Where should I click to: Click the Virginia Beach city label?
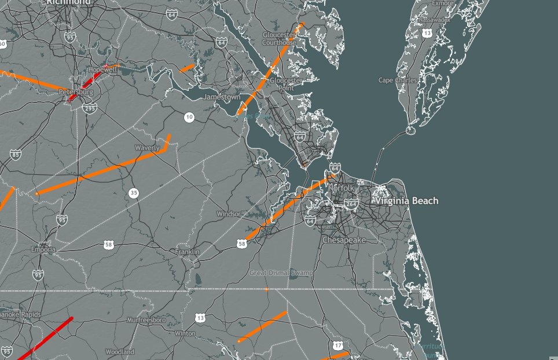406,201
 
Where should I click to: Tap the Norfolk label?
341,188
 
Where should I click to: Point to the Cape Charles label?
398,80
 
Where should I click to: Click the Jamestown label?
221,97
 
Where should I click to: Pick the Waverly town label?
147,148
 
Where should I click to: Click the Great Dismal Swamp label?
281,272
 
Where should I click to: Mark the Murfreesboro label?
146,319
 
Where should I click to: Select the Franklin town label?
187,252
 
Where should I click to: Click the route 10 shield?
189,117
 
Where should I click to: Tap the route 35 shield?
134,193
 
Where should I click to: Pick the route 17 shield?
338,346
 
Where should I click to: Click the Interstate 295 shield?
90,108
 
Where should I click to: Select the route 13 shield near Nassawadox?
427,34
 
